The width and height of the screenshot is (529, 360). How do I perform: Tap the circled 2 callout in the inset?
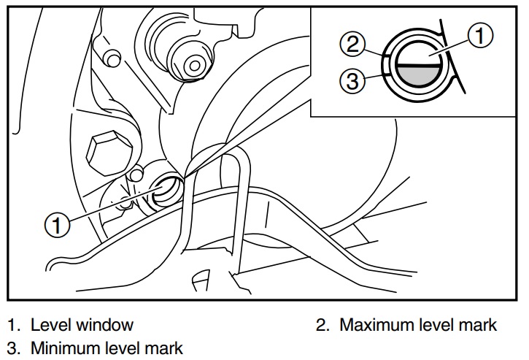[352, 45]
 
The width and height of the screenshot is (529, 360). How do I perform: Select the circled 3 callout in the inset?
[352, 81]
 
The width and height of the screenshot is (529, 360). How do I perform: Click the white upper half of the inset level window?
[417, 54]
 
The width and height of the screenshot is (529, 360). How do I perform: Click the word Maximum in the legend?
[373, 324]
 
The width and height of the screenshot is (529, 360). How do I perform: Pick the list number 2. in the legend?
[322, 324]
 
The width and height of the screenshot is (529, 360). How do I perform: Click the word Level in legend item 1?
[50, 324]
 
